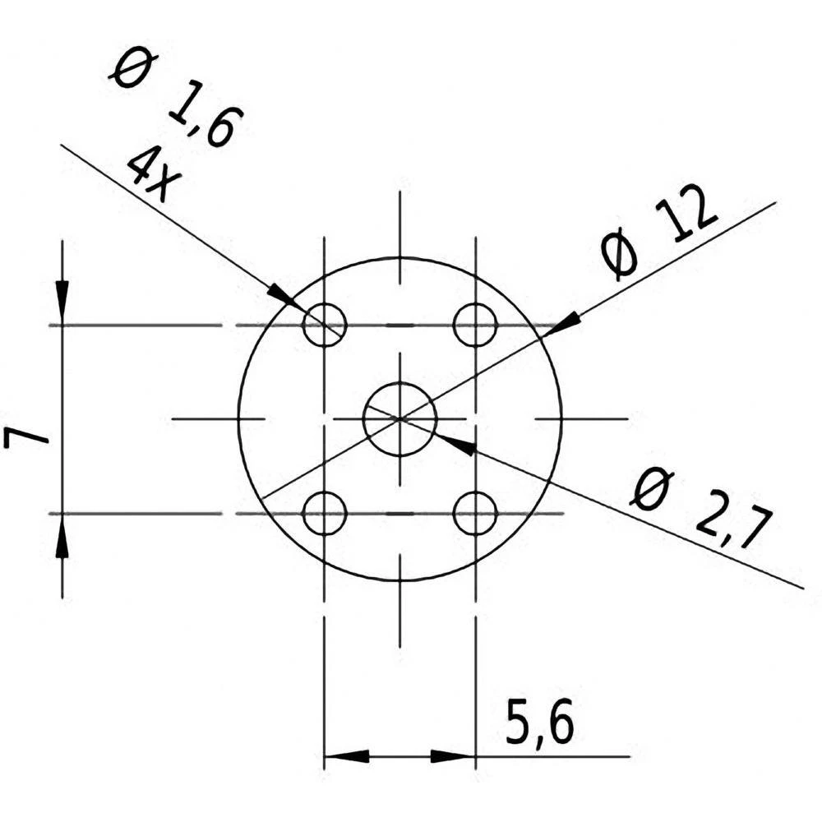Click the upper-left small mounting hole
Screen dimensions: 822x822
pos(324,325)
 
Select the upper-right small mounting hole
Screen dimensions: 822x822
pos(475,325)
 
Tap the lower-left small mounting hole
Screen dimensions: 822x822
pos(324,514)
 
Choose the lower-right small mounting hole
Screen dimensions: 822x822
pos(475,514)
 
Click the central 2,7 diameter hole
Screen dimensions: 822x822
pos(399,418)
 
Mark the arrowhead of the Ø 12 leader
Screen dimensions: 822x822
pos(565,324)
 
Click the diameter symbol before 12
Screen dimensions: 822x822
pos(618,256)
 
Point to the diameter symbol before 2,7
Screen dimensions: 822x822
pos(650,491)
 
